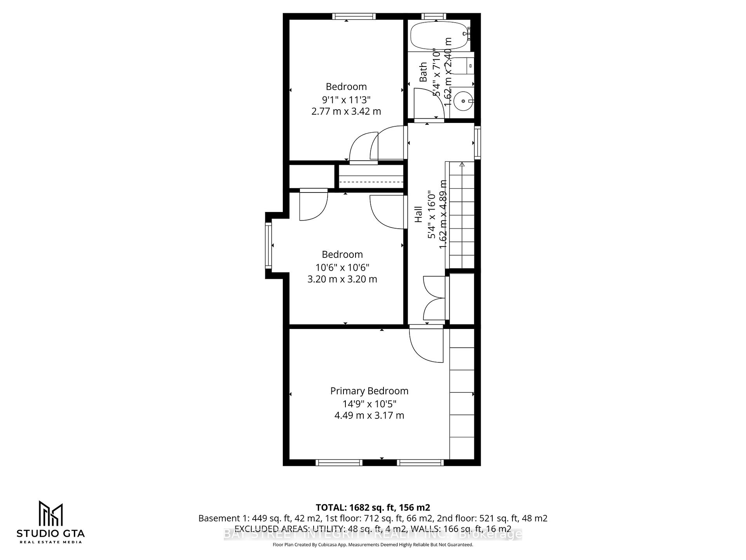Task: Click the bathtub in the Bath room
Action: click(x=439, y=35)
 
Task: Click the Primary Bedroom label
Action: click(x=369, y=391)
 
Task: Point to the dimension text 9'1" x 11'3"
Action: click(x=346, y=99)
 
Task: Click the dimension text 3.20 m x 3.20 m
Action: click(x=342, y=279)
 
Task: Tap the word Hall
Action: click(x=418, y=214)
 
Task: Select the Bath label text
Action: click(x=423, y=72)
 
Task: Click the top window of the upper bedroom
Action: click(x=354, y=16)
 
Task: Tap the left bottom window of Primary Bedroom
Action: click(x=339, y=462)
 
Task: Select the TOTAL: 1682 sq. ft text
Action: click(x=372, y=507)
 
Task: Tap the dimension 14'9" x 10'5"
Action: click(x=369, y=404)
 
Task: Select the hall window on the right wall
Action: click(x=478, y=142)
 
